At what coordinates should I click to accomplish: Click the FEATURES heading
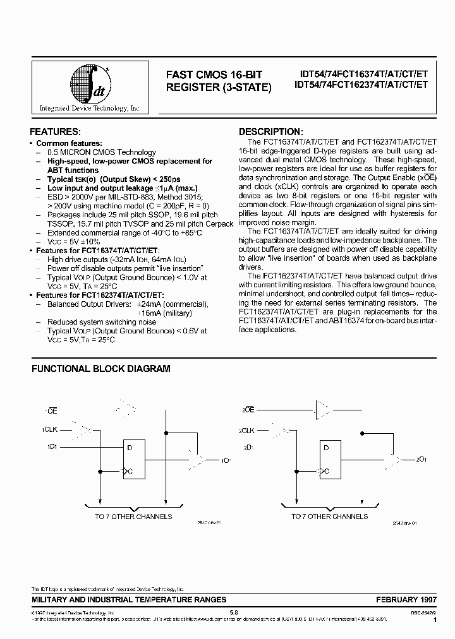tap(56, 132)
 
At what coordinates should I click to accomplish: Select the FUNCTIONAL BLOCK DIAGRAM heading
tap(100, 368)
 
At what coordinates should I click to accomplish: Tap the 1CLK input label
tap(50, 430)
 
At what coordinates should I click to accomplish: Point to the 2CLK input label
tap(246, 430)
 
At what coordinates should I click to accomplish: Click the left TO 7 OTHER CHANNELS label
tap(133, 517)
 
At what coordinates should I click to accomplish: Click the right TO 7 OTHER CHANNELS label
tap(329, 517)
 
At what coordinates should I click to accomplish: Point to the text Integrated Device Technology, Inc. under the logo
tap(90, 109)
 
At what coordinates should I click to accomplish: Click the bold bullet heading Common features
tap(69, 143)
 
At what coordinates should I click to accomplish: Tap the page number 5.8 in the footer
tap(233, 612)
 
